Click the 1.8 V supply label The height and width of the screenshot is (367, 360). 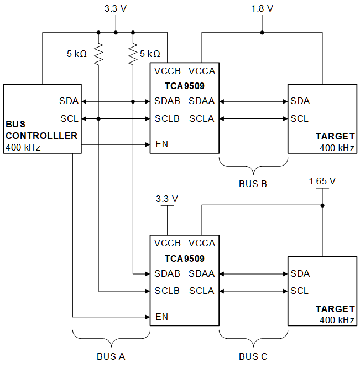click(262, 8)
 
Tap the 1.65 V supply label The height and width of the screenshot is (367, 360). click(322, 181)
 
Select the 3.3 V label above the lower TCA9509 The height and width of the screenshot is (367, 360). click(166, 199)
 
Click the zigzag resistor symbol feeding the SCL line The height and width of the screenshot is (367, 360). click(98, 54)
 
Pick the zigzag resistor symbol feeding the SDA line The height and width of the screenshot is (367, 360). click(133, 54)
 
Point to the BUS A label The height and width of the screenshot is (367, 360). click(111, 356)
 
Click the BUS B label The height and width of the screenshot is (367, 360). click(253, 183)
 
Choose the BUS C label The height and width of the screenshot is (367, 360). click(253, 356)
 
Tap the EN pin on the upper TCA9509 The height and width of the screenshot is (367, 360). click(161, 144)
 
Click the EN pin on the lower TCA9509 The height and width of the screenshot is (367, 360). click(161, 317)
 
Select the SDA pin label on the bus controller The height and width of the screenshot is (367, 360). click(69, 101)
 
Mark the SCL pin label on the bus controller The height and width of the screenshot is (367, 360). click(69, 118)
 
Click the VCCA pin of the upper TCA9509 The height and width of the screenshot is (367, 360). click(202, 71)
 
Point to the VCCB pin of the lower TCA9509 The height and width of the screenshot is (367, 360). click(168, 244)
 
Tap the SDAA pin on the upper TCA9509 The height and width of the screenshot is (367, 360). click(202, 101)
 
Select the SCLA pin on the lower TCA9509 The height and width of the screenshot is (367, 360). click(202, 291)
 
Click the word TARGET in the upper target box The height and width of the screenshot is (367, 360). click(335, 136)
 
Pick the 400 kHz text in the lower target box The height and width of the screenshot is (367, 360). click(337, 320)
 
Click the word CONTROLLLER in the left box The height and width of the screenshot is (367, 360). click(41, 136)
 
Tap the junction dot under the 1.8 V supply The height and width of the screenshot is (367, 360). click(262, 32)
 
